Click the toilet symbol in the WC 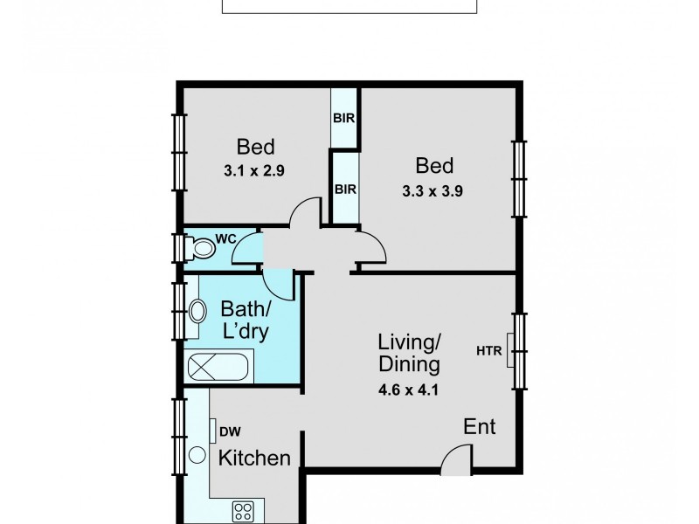[x=200, y=248]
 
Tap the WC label [x=225, y=238]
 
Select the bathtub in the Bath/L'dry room [x=218, y=367]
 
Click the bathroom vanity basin [x=197, y=311]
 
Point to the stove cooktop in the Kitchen [x=244, y=511]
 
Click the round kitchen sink [x=197, y=455]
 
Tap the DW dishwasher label [x=231, y=431]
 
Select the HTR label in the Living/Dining [x=489, y=351]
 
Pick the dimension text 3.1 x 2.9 [x=254, y=170]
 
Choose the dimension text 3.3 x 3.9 [x=433, y=191]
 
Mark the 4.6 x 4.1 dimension [x=408, y=390]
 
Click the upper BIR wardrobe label [x=344, y=118]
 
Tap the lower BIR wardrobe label [x=345, y=190]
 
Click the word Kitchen [x=254, y=458]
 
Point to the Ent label [x=479, y=426]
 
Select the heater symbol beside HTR [x=510, y=350]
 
